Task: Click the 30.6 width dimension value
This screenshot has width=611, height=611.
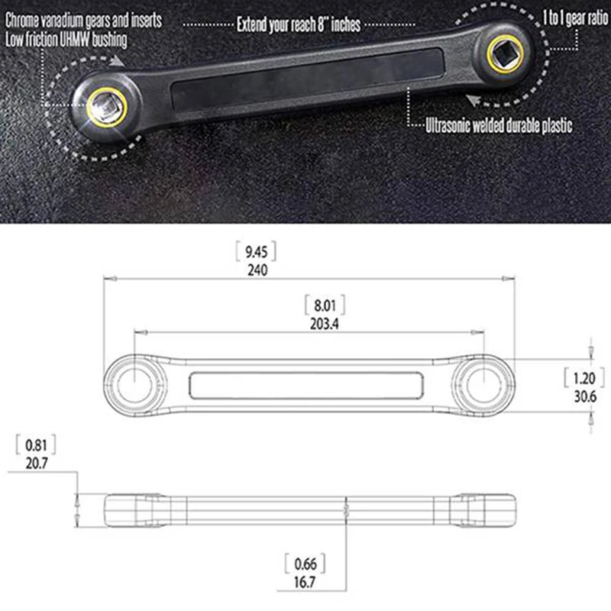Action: (x=584, y=396)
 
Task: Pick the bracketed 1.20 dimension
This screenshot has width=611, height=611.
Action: (x=584, y=378)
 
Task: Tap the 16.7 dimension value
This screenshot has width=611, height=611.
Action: (x=305, y=582)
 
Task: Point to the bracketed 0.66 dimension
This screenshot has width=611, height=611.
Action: (x=305, y=565)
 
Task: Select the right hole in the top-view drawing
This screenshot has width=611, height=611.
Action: (x=485, y=379)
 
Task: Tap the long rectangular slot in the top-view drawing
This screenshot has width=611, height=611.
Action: (x=307, y=384)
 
